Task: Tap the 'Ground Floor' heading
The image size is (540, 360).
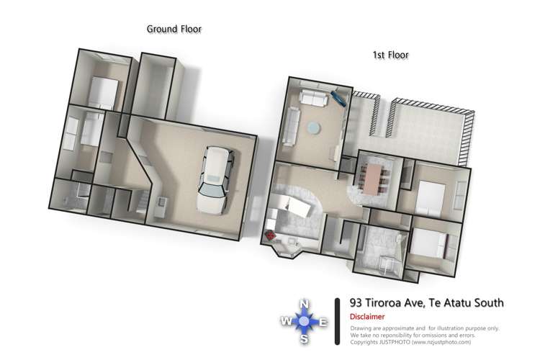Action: pos(174,30)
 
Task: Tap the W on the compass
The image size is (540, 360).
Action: pos(286,322)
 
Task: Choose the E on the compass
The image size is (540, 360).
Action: pos(323,322)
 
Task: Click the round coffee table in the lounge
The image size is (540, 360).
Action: pos(315,127)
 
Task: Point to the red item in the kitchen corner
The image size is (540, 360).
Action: pos(271,235)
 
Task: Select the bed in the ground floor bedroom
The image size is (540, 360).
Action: pos(101,91)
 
